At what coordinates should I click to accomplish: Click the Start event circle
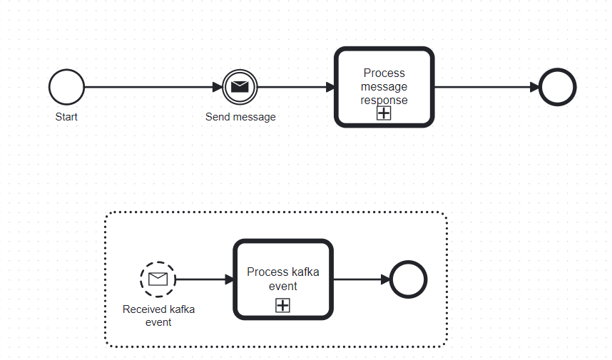[x=66, y=88]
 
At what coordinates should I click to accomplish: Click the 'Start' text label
[x=66, y=117]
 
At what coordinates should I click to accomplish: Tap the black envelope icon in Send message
[x=240, y=88]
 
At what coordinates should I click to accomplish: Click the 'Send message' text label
[x=240, y=117]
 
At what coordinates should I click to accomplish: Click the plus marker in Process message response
[x=384, y=113]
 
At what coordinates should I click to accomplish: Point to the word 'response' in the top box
[x=384, y=100]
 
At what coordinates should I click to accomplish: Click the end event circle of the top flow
[x=557, y=88]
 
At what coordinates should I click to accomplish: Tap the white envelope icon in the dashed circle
[x=158, y=279]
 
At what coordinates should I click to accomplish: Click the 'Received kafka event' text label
[x=158, y=315]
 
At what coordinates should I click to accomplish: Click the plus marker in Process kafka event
[x=283, y=305]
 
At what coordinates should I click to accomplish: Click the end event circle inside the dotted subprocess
[x=409, y=279]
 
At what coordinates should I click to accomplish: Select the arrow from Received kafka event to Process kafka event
[x=204, y=279]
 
